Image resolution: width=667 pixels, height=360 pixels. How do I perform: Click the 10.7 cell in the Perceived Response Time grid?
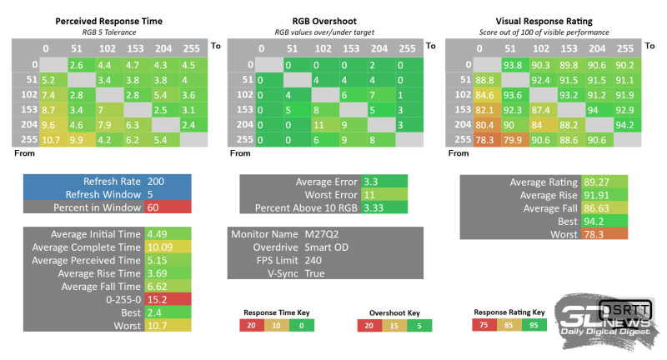49,139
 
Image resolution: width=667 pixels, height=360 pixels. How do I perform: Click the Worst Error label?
327,194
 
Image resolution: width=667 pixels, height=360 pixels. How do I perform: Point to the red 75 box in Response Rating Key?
484,326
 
